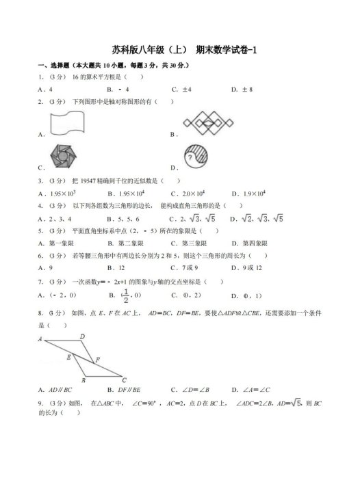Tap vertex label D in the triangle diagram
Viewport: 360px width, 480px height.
[83, 336]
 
